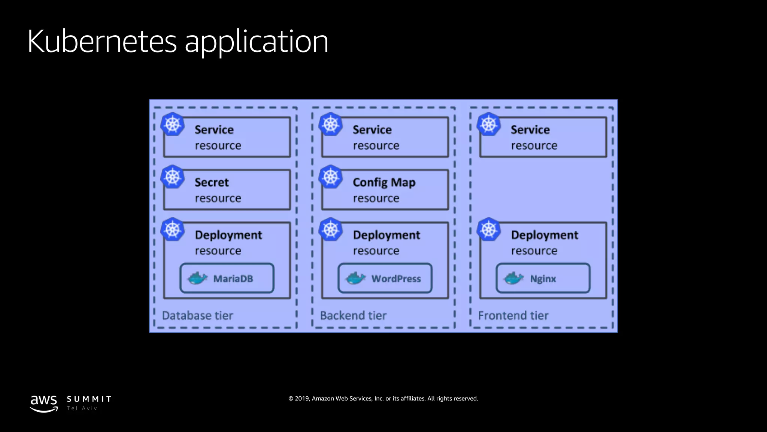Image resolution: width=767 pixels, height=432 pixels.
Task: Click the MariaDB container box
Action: [227, 278]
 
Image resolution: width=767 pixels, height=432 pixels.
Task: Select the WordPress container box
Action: [385, 278]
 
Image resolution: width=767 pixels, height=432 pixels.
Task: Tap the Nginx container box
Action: [543, 278]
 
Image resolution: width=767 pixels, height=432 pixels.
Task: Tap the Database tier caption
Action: [197, 316]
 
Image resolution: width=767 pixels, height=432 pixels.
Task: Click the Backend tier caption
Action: [353, 316]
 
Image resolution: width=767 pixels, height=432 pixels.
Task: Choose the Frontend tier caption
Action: [513, 316]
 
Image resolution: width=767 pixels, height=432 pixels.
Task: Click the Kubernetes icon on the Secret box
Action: [173, 177]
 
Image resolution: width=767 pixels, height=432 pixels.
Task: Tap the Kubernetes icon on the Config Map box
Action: [331, 177]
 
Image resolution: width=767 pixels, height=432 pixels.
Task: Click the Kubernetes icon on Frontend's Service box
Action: [489, 124]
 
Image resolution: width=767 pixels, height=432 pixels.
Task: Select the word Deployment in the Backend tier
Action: [386, 235]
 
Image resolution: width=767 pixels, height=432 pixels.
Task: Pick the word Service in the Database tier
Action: [214, 130]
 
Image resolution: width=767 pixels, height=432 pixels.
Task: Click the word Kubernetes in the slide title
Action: [102, 41]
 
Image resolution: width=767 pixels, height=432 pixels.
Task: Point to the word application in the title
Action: [257, 42]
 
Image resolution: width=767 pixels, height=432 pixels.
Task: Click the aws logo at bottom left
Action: [44, 403]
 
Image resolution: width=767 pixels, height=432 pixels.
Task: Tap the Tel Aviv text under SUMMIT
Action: [82, 409]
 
